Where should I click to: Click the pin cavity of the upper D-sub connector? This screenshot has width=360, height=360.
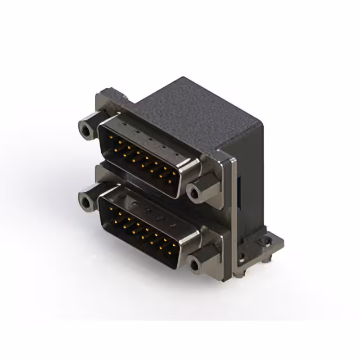(x=141, y=157)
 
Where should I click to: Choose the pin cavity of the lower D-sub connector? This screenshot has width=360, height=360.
(x=141, y=228)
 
